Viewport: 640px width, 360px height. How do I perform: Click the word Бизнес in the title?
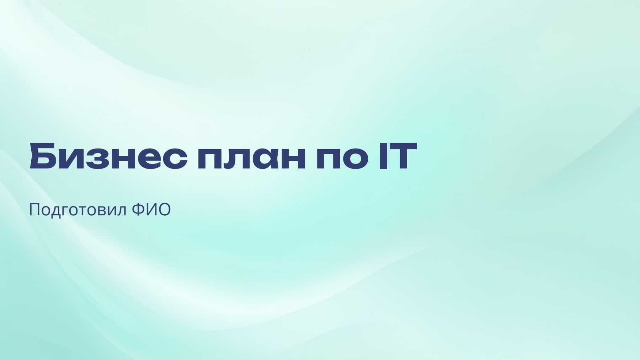(x=108, y=156)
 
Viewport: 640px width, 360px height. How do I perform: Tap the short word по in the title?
(x=342, y=156)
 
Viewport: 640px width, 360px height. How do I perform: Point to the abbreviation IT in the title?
(x=398, y=156)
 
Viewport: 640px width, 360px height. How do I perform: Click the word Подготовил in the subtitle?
(x=78, y=210)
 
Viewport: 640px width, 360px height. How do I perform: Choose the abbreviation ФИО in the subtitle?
(x=151, y=210)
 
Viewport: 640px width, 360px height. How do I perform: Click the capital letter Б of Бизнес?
(x=43, y=156)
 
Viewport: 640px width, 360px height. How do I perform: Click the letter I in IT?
(x=383, y=156)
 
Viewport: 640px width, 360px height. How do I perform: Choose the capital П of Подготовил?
(x=34, y=210)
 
